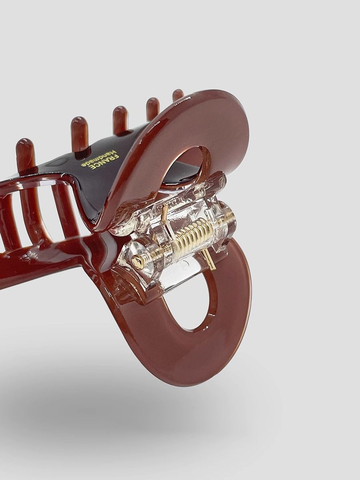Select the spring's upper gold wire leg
click(166, 211)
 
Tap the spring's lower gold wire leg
click(210, 261)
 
